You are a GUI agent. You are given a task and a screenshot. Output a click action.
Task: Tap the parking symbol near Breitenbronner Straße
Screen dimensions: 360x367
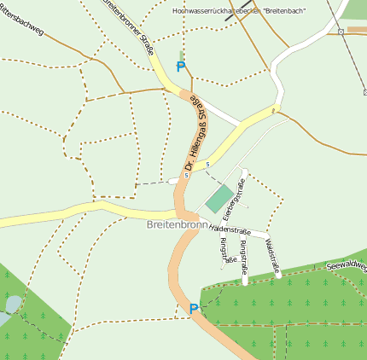(x=180, y=66)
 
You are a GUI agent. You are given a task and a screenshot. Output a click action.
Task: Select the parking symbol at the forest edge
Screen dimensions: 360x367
(x=194, y=308)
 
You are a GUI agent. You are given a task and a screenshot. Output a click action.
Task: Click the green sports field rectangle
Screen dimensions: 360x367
(x=219, y=200)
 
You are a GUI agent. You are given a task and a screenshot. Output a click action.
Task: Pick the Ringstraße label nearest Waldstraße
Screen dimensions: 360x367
(x=245, y=257)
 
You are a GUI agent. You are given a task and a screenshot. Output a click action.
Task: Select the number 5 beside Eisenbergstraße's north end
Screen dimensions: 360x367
(x=207, y=165)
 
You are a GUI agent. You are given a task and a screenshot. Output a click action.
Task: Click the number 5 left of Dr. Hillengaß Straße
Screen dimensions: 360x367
(x=185, y=177)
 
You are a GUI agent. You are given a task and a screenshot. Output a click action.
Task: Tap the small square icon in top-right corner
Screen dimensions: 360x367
(x=341, y=31)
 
